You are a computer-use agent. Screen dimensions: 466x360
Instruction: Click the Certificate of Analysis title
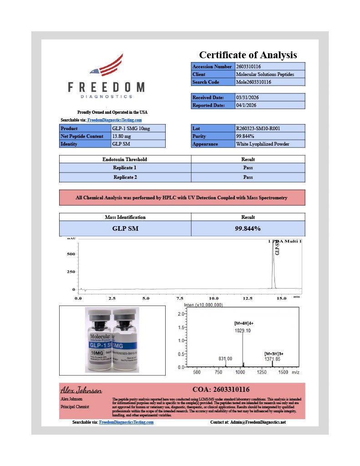[x=248, y=55]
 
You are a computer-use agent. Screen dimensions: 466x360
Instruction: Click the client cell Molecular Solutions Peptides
[x=265, y=74]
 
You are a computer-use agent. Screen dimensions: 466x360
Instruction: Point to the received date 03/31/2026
[x=247, y=97]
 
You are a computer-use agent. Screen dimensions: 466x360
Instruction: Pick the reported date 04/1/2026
[x=246, y=105]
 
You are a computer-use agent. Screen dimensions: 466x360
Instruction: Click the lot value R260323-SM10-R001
[x=258, y=128]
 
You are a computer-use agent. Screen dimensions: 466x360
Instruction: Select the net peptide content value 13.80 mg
[x=122, y=136]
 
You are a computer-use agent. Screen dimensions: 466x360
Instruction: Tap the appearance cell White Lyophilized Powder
[x=263, y=144]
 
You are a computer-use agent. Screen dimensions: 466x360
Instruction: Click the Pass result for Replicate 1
[x=248, y=167]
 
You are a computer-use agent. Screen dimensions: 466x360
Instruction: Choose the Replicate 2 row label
[x=125, y=177]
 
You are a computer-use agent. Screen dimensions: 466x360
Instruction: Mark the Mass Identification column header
[x=125, y=217]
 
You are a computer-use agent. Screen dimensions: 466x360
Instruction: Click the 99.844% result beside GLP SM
[x=248, y=228]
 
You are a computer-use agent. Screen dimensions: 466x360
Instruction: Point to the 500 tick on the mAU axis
[x=71, y=254]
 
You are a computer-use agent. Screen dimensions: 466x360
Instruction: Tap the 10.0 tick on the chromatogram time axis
[x=213, y=298]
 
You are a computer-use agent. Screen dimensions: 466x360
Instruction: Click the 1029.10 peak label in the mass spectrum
[x=243, y=330]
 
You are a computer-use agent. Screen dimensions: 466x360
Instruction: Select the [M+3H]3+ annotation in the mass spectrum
[x=274, y=353]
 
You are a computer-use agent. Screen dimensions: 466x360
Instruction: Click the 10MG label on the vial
[x=97, y=353]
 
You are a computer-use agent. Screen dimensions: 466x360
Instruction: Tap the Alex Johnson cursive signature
[x=81, y=390]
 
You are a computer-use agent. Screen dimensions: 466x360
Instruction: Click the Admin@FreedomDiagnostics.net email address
[x=258, y=422]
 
